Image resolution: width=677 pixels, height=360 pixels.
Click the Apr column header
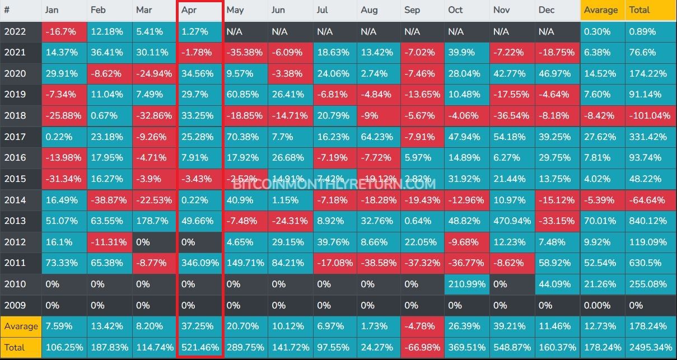(x=189, y=10)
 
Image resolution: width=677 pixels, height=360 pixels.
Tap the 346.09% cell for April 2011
(x=200, y=263)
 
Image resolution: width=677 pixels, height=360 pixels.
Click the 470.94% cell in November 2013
(x=511, y=221)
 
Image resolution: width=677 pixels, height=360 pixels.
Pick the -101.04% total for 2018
(x=650, y=115)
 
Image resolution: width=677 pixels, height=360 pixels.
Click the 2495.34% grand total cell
(x=650, y=347)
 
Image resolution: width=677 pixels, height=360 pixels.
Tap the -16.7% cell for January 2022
(x=60, y=31)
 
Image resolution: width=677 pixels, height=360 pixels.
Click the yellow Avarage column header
(x=601, y=10)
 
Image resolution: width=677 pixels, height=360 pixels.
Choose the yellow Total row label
(x=15, y=347)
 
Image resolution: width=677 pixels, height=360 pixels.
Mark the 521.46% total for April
(x=200, y=347)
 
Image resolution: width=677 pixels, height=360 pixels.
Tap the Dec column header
(x=546, y=10)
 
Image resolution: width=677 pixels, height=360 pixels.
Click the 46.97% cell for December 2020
(x=554, y=73)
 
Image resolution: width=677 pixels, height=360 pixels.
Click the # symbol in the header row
(x=7, y=10)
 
